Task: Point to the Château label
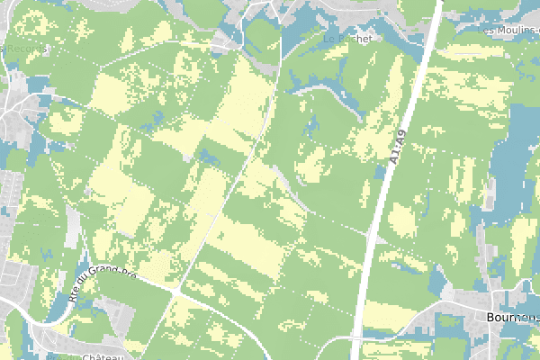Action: (x=101, y=355)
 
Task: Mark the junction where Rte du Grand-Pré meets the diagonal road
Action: (x=176, y=292)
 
